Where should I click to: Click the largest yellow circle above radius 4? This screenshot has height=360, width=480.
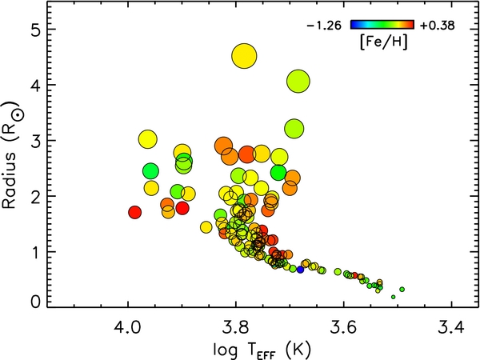(244, 56)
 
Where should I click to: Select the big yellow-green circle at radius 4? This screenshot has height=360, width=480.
(298, 82)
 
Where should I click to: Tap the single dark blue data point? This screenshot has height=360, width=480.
(300, 270)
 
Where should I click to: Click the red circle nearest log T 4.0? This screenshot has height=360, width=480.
(134, 212)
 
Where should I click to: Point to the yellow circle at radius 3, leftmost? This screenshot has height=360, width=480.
(147, 139)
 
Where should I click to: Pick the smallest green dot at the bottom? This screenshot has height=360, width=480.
(394, 297)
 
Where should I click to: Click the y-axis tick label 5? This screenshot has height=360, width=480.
(36, 29)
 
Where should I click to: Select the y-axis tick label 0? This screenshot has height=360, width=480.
(36, 302)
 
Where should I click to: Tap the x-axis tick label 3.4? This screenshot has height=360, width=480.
(451, 328)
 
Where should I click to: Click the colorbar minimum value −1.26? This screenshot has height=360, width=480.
(324, 26)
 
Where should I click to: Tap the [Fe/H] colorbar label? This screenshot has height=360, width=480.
(383, 42)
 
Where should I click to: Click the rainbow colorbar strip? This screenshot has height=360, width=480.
(382, 25)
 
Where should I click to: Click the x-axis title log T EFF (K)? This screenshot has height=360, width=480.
(262, 350)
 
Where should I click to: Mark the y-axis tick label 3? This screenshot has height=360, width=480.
(36, 141)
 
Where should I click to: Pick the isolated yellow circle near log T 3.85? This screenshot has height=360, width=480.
(206, 227)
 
